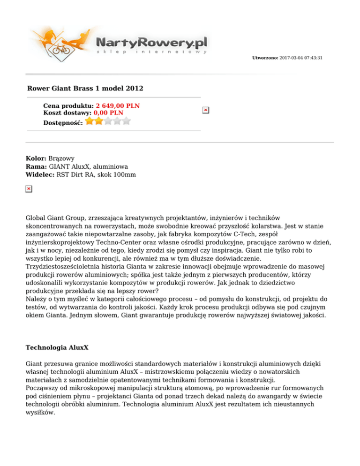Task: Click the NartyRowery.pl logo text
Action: (x=151, y=43)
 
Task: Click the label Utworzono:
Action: (x=265, y=58)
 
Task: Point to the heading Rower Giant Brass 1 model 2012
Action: (x=85, y=88)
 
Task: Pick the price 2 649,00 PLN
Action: (x=118, y=106)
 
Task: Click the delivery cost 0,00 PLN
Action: (x=108, y=113)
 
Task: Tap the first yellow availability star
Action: (x=90, y=121)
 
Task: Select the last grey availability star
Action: (x=126, y=121)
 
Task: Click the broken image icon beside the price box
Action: (x=205, y=110)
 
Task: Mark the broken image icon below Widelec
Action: (x=29, y=188)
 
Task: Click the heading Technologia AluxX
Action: (x=57, y=349)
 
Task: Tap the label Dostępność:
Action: (x=63, y=122)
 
